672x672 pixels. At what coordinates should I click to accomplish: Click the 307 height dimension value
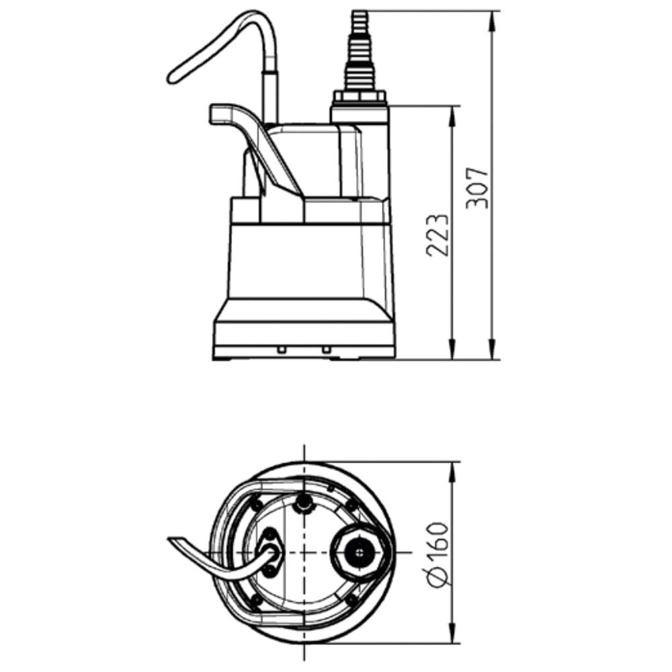click(478, 186)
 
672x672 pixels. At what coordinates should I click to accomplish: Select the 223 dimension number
click(437, 235)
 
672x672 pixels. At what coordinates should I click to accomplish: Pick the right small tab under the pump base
click(326, 349)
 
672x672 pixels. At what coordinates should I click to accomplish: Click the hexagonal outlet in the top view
click(360, 552)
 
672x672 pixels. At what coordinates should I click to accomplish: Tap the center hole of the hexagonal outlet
click(360, 553)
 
